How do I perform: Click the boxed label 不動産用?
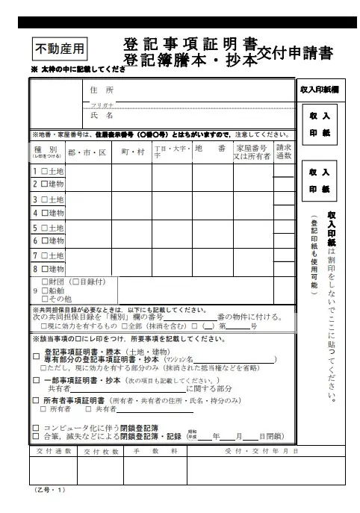tap(60, 49)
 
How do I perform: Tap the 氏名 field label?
tap(101, 116)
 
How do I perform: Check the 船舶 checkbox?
tap(45, 290)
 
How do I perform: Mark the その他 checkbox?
tap(45, 299)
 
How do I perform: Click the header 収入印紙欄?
tap(319, 90)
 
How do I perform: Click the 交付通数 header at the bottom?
tap(53, 452)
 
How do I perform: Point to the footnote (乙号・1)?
tap(51, 491)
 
